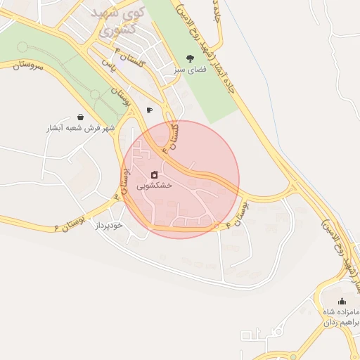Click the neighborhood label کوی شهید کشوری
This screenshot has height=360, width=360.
coord(118,22)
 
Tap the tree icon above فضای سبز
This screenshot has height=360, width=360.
coord(189,58)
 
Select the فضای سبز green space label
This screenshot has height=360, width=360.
coord(189,71)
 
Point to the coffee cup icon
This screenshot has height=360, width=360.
coord(149,110)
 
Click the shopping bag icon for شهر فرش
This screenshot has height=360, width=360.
coord(81,117)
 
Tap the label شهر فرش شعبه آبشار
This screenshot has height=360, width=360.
coord(81,129)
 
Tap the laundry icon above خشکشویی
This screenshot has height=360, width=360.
coord(155,174)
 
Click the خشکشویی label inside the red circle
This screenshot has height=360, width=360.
coord(153,186)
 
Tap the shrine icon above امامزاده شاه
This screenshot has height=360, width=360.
coord(342,302)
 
